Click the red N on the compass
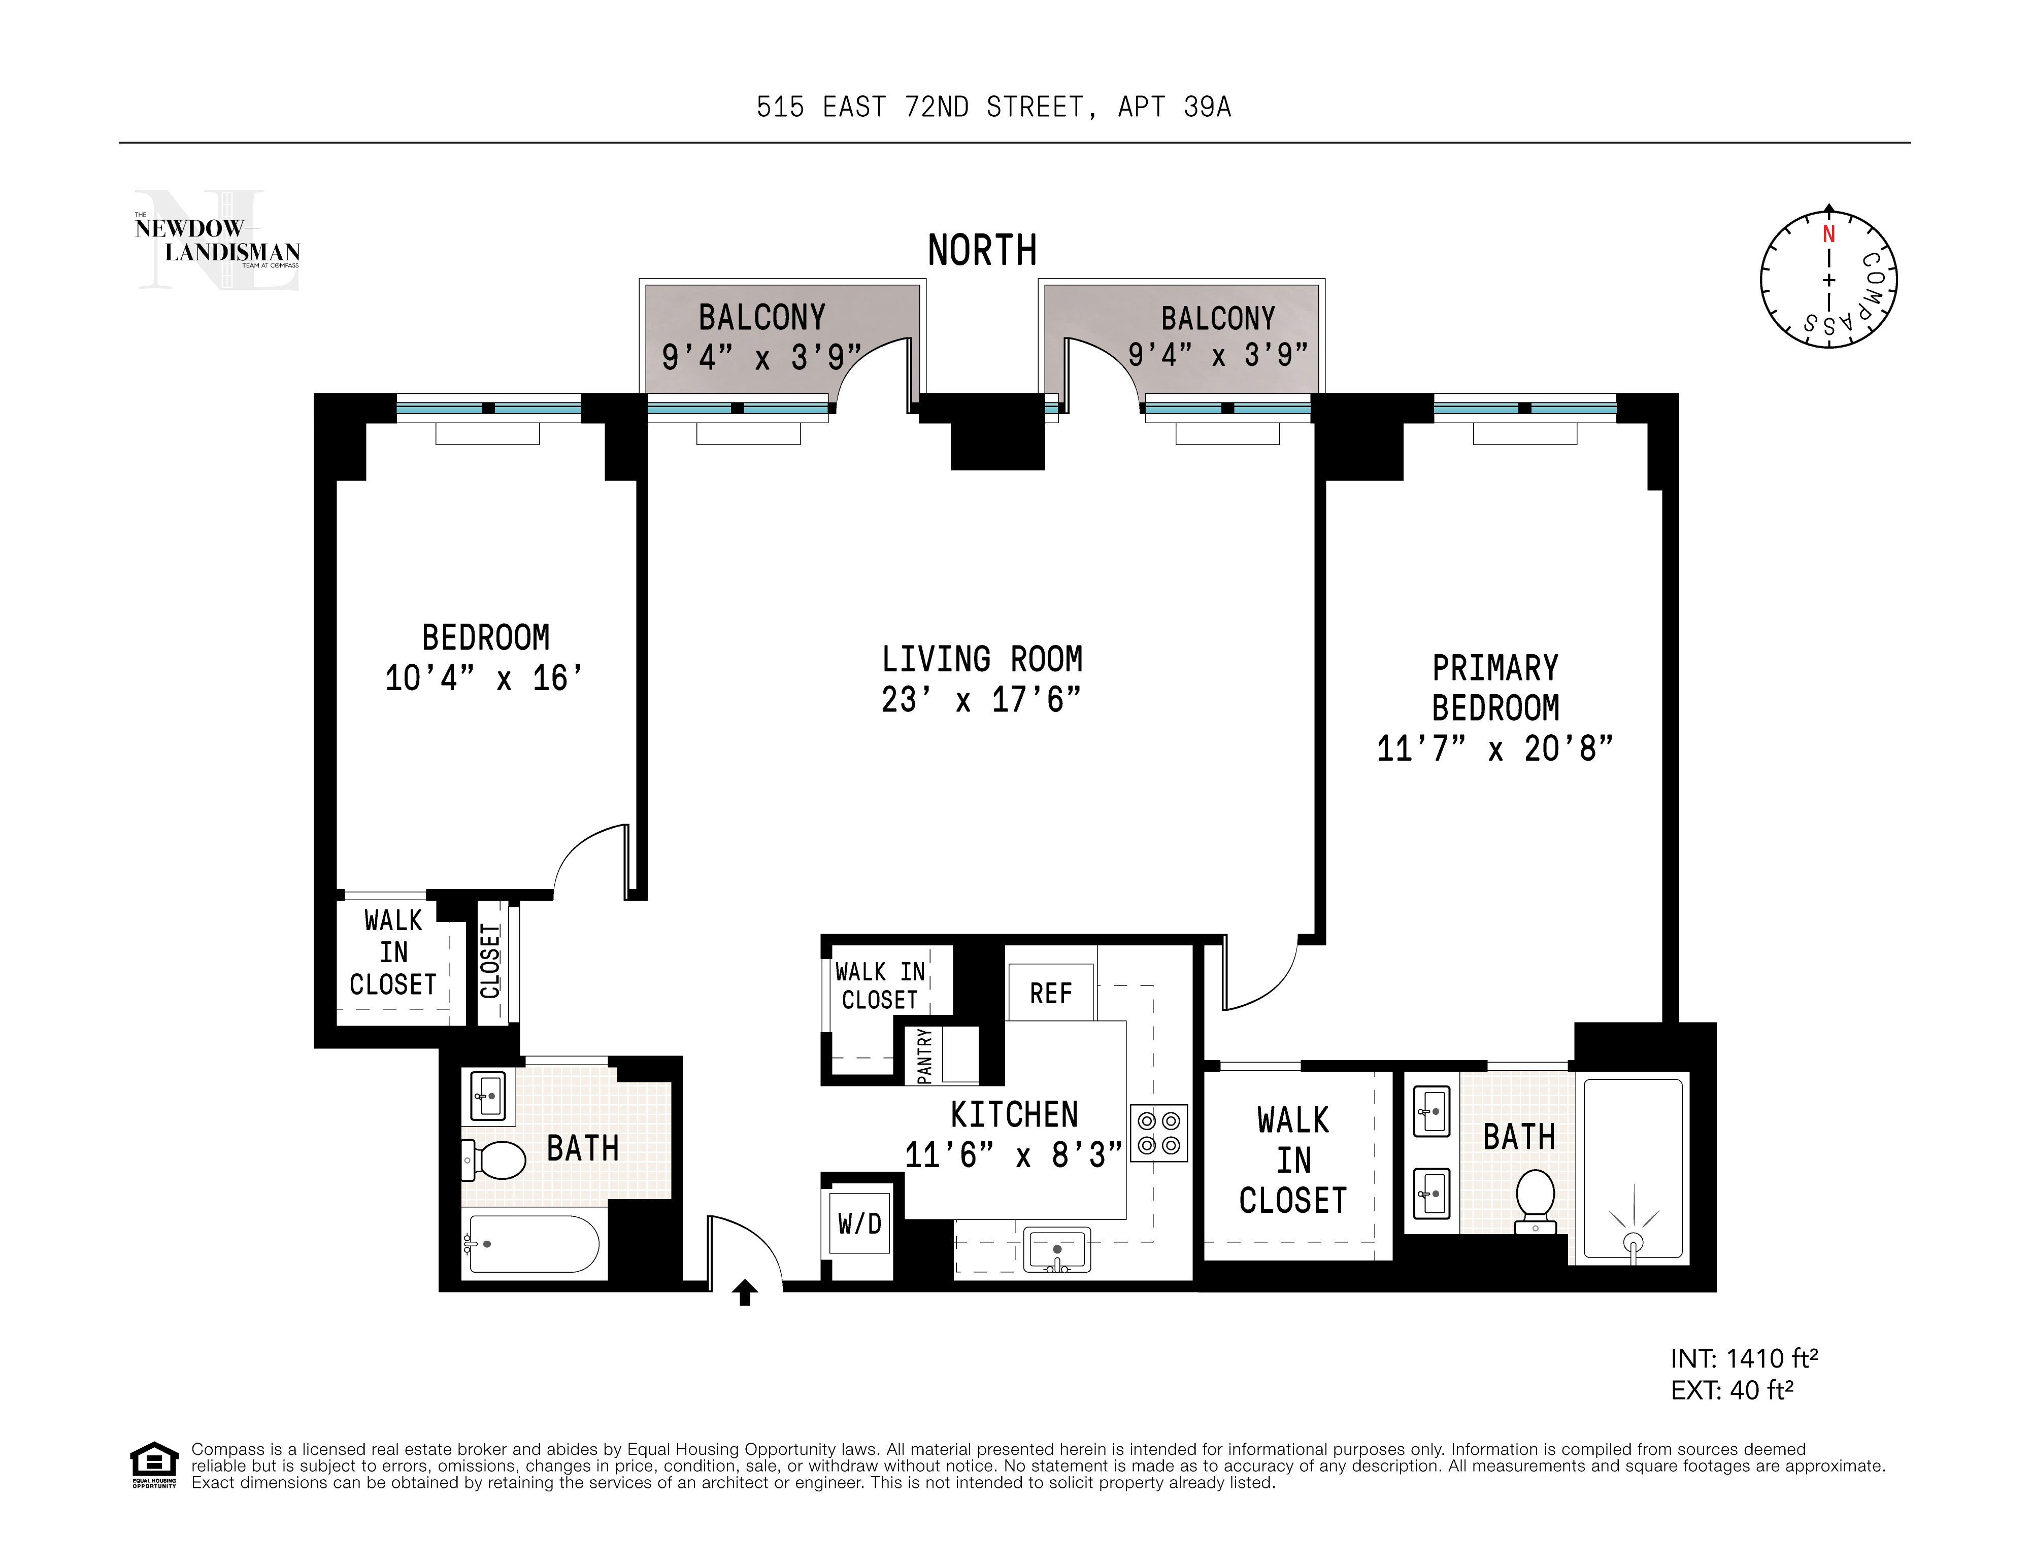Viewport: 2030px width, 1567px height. pyautogui.click(x=1828, y=234)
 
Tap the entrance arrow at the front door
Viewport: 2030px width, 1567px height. pyautogui.click(x=745, y=1292)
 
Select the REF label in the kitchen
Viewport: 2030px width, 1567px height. pyautogui.click(x=1050, y=994)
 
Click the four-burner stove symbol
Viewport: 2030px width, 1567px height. pyautogui.click(x=1158, y=1134)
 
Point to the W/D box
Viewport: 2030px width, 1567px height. pyautogui.click(x=860, y=1223)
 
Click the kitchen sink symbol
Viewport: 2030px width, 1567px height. pyautogui.click(x=1057, y=1249)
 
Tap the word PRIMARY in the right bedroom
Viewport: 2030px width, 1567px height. pyautogui.click(x=1494, y=668)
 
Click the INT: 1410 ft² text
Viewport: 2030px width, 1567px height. pyautogui.click(x=1744, y=1359)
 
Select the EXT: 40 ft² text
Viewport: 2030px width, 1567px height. pyautogui.click(x=1732, y=1390)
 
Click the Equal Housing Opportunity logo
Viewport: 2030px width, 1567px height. pyautogui.click(x=153, y=1465)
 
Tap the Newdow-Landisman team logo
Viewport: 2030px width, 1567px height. pyautogui.click(x=217, y=241)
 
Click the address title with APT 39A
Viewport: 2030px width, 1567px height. pyautogui.click(x=993, y=108)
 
